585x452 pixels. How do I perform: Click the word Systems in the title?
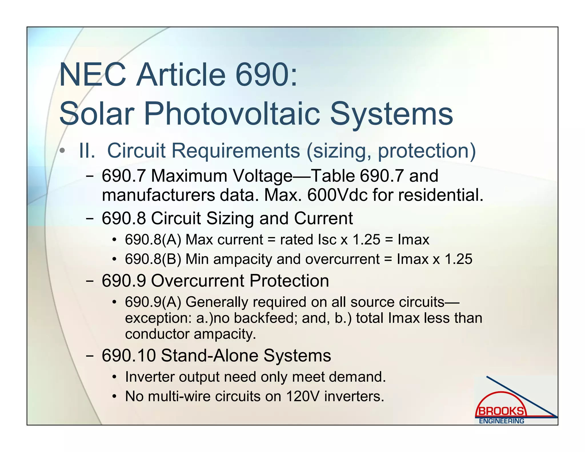391,114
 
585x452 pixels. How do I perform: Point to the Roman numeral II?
87,151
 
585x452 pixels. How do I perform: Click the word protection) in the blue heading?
427,151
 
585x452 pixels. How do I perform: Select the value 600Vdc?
337,195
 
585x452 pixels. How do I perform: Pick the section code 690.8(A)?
153,239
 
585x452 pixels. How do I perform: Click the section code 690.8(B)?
153,259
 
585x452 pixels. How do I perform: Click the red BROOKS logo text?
500,411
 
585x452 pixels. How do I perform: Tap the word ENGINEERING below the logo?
501,421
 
